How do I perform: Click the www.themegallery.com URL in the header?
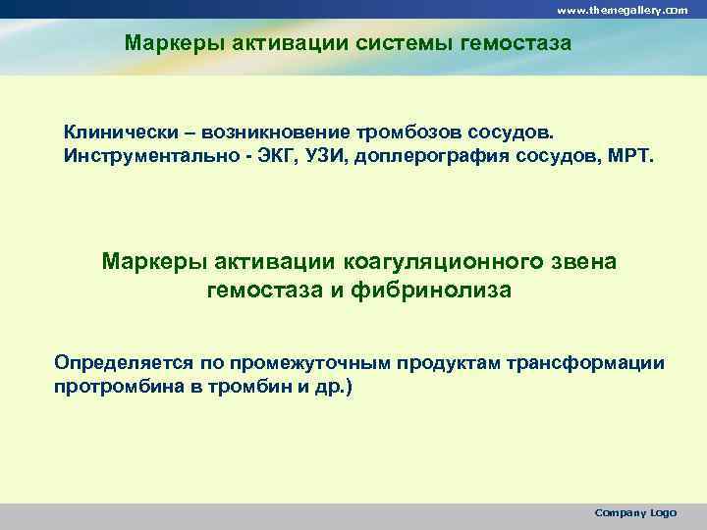(x=623, y=9)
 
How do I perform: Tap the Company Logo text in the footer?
(x=635, y=513)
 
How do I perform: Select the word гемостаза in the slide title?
(x=520, y=43)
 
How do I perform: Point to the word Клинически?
(x=118, y=132)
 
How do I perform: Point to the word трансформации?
(x=585, y=363)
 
